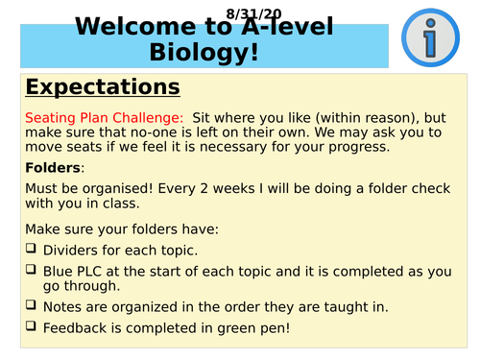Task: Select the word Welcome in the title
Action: point(122,27)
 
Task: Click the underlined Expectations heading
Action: point(103,87)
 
